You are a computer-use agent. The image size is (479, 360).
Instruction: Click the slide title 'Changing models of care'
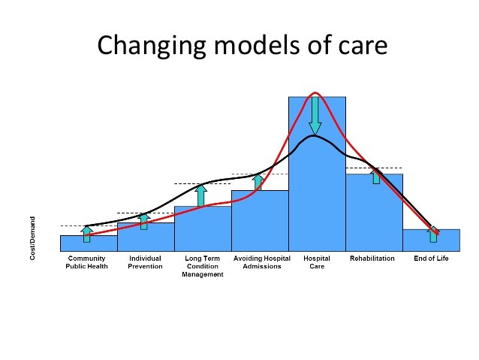click(243, 45)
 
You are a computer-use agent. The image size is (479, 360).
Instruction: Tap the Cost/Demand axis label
click(32, 238)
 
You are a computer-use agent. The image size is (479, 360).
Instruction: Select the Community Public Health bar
click(89, 244)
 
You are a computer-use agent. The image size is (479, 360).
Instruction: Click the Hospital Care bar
click(317, 174)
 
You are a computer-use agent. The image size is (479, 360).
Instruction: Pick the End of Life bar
click(432, 241)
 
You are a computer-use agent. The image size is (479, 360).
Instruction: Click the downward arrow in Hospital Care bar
click(315, 116)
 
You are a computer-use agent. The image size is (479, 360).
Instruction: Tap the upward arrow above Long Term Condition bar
click(200, 195)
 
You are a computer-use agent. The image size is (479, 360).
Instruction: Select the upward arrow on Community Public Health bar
click(87, 234)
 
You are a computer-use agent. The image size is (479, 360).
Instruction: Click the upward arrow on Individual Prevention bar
click(144, 222)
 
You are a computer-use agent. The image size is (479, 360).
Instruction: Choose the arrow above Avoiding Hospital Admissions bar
click(258, 183)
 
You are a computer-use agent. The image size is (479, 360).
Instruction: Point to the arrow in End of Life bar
click(433, 234)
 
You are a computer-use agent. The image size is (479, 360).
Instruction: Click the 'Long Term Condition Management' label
click(203, 266)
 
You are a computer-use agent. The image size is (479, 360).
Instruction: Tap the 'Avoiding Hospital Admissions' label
click(262, 262)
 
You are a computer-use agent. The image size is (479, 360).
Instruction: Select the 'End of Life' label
click(431, 259)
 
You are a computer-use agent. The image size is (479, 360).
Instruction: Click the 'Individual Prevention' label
click(145, 262)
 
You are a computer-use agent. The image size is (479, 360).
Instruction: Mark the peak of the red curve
click(315, 92)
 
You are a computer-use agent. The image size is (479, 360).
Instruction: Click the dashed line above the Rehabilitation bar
click(374, 168)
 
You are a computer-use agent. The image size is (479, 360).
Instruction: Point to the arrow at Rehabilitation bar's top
click(376, 177)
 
